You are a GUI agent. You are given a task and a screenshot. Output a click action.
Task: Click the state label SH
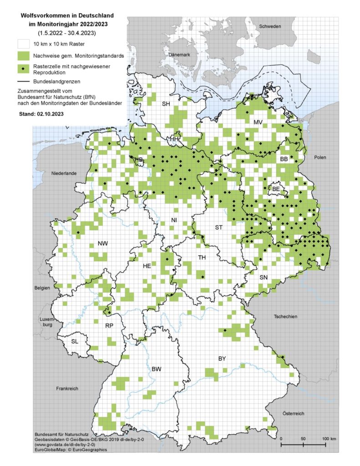tap(167, 104)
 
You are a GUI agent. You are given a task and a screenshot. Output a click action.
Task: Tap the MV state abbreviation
tap(258, 123)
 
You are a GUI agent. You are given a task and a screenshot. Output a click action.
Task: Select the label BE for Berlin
tap(276, 188)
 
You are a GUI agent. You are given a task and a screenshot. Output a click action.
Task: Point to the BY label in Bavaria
tap(222, 359)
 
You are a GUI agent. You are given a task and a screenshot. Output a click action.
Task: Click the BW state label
tap(157, 369)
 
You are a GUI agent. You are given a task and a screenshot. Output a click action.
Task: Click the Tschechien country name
tap(285, 316)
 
